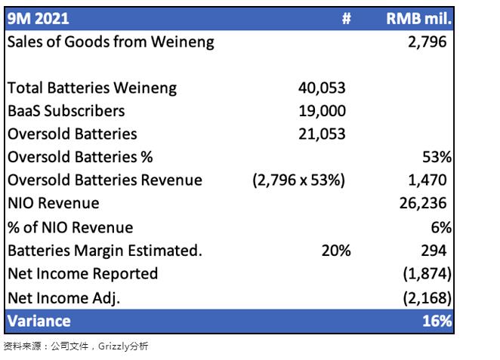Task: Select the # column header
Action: [346, 17]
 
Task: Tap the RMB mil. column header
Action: [418, 17]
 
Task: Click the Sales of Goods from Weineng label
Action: [110, 42]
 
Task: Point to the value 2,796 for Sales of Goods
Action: [427, 42]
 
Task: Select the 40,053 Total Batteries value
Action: [322, 88]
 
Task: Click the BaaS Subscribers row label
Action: [66, 111]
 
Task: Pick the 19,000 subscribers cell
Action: [322, 111]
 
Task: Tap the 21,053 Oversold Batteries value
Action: [322, 134]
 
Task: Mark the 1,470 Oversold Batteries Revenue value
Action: [427, 180]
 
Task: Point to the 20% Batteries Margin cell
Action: [336, 251]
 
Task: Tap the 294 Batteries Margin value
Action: [432, 251]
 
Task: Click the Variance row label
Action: [39, 321]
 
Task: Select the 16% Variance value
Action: [437, 321]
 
